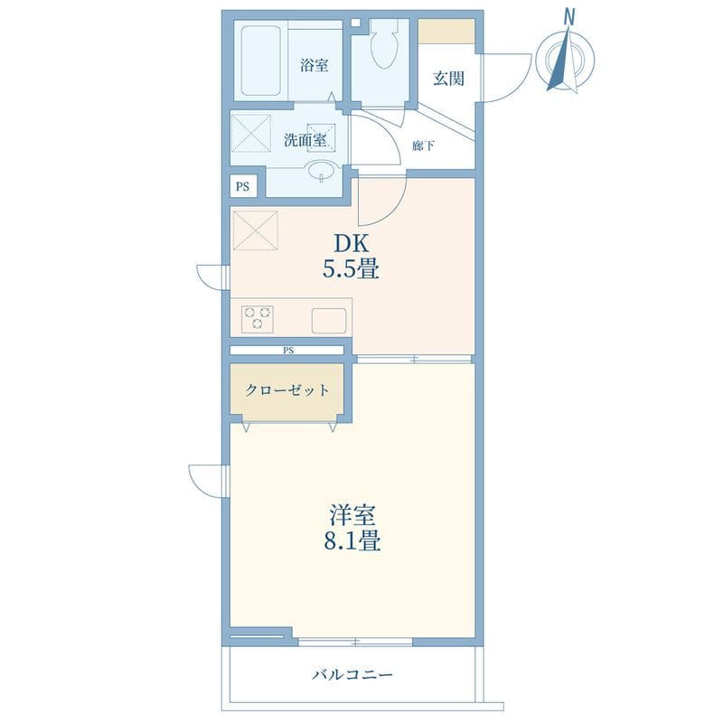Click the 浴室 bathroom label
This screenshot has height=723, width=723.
pyautogui.click(x=314, y=65)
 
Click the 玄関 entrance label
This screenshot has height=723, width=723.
pyautogui.click(x=448, y=79)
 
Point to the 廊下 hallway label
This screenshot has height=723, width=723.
pyautogui.click(x=423, y=146)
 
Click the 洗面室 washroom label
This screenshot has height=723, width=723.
pyautogui.click(x=305, y=140)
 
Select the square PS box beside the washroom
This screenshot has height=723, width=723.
pyautogui.click(x=243, y=186)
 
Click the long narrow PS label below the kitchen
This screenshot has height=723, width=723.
pyautogui.click(x=288, y=351)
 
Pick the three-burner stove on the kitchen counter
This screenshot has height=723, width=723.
pyautogui.click(x=257, y=319)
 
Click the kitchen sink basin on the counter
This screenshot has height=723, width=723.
pyautogui.click(x=329, y=321)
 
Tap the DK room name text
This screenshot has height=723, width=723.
pyautogui.click(x=352, y=243)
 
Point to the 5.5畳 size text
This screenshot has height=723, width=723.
pyautogui.click(x=351, y=268)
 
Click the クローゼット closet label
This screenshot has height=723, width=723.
pyautogui.click(x=286, y=390)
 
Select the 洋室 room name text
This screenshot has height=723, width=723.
pyautogui.click(x=352, y=515)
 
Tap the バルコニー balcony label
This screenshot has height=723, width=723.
pyautogui.click(x=352, y=675)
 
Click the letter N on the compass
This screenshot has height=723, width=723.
pyautogui.click(x=570, y=18)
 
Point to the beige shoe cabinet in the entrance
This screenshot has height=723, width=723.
pyautogui.click(x=446, y=32)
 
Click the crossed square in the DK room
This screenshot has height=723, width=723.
pyautogui.click(x=256, y=230)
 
